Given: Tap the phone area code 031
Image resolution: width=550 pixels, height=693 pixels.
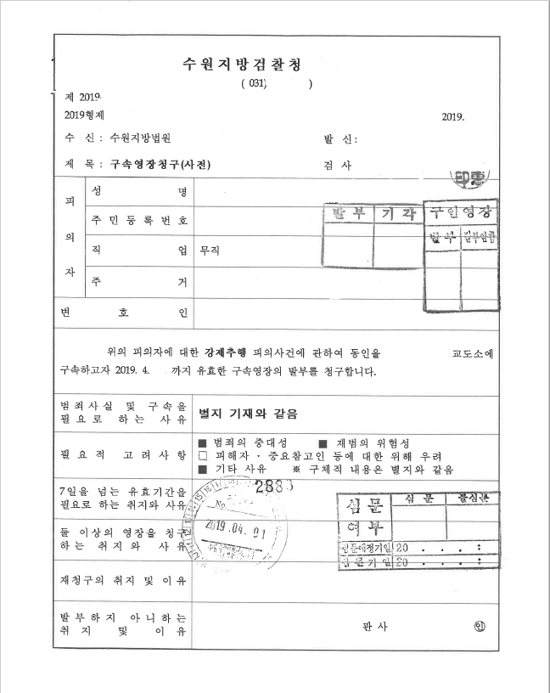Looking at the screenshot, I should (x=255, y=83).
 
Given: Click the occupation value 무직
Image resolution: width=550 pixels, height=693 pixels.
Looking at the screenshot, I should (x=209, y=251).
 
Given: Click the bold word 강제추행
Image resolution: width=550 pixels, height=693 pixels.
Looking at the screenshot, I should (x=224, y=352).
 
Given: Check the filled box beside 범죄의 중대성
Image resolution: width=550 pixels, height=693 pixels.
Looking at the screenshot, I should (x=202, y=444).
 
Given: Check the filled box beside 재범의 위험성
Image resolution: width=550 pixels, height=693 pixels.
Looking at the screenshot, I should (x=322, y=444).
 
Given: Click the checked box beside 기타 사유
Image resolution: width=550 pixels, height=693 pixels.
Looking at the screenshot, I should (x=202, y=470).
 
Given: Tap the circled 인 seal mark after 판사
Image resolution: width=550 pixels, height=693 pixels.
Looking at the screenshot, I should (x=480, y=628).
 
